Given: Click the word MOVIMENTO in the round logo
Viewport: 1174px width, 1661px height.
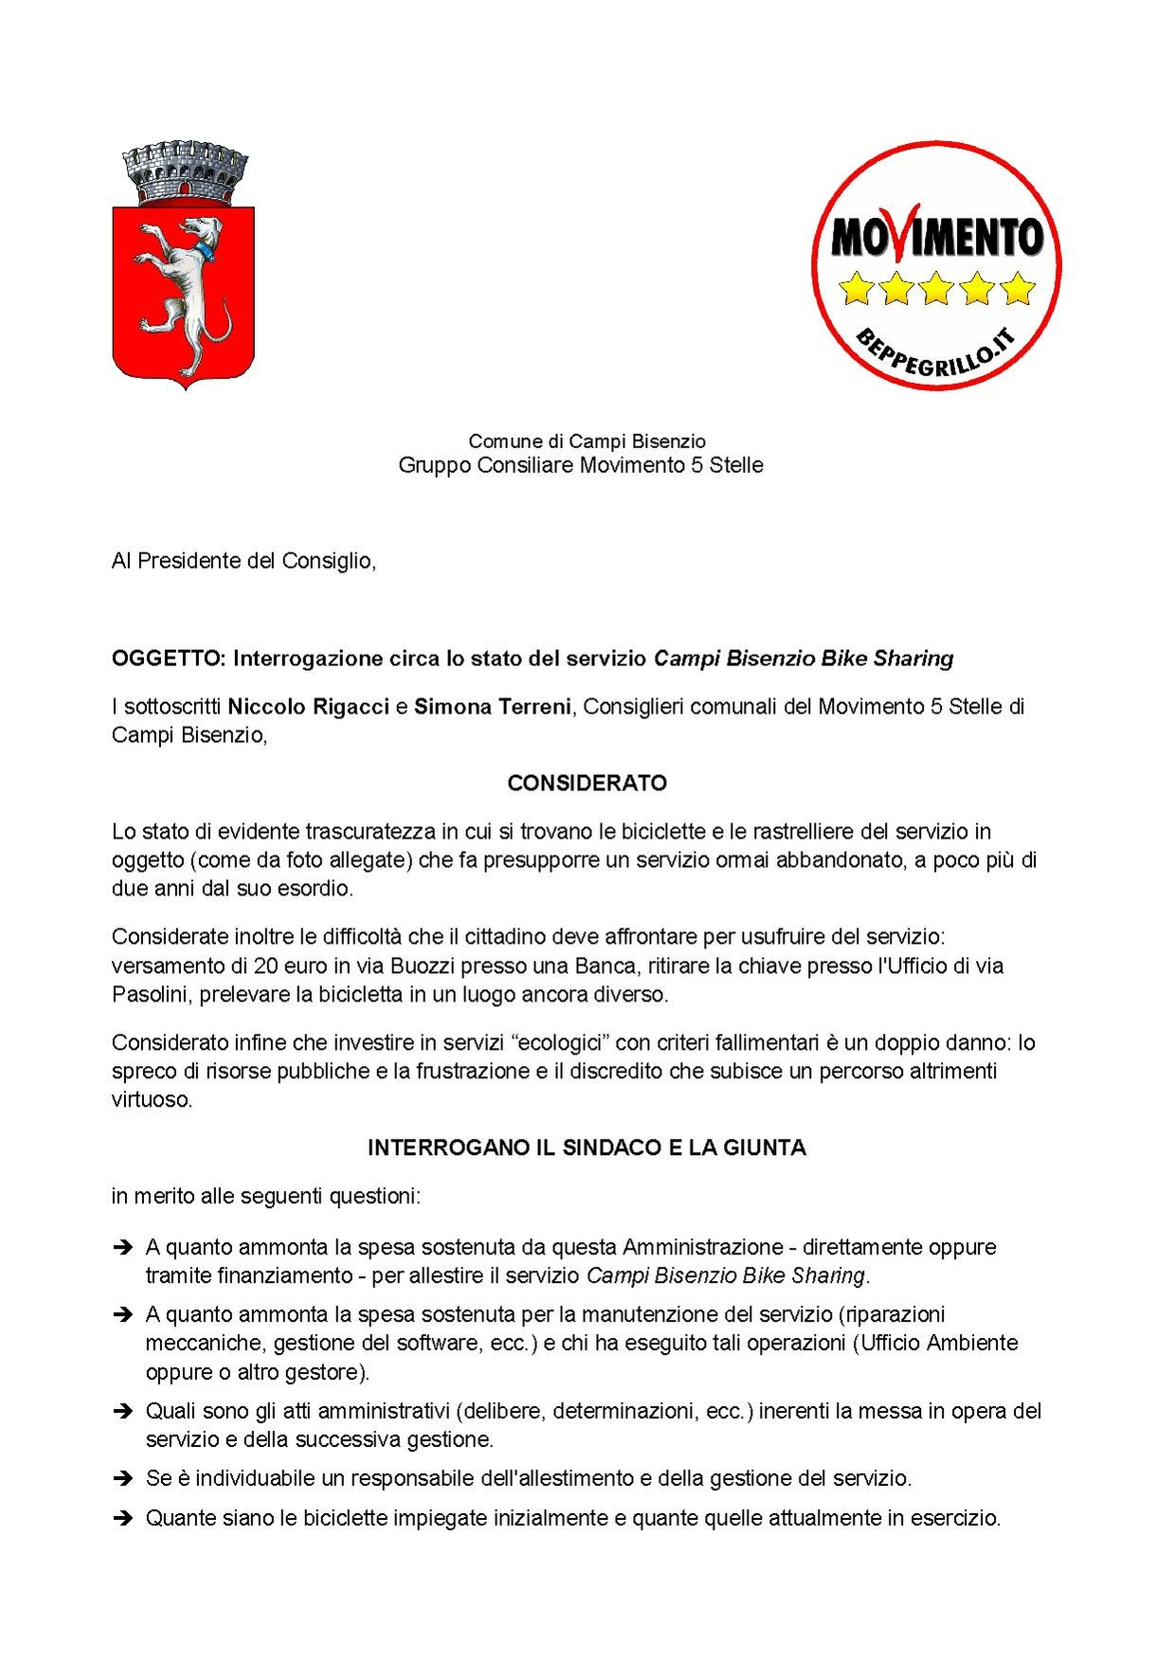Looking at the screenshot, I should tap(936, 236).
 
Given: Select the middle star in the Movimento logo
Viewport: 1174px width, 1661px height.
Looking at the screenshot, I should tap(936, 288).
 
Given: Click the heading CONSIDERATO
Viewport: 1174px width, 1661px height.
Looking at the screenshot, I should tap(587, 784).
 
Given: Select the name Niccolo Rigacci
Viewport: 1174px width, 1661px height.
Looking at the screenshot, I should tap(308, 707).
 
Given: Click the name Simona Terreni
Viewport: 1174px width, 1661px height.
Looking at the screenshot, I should tap(492, 707).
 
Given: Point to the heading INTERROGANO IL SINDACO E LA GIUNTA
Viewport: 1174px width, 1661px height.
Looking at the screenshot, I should tap(587, 1148).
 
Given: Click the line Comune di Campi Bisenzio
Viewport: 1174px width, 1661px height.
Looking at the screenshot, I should tap(587, 442).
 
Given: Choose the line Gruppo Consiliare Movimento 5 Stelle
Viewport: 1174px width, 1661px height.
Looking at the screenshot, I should tap(580, 465).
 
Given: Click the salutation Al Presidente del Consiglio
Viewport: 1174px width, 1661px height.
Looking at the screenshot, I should tap(244, 561).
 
